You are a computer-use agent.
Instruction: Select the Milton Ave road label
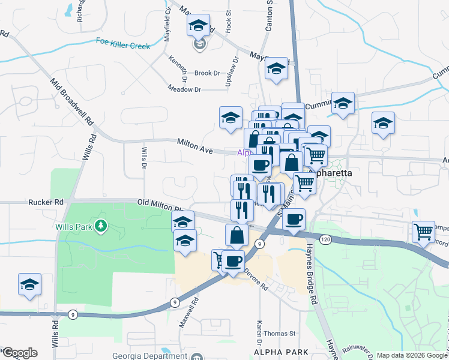coord(195,146)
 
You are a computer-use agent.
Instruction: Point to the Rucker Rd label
coord(46,203)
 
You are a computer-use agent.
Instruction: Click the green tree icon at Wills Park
coord(102,226)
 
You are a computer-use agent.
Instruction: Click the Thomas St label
coord(280,333)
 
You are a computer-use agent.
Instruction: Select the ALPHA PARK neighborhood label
coord(281,352)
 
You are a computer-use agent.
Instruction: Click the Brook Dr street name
coord(207,73)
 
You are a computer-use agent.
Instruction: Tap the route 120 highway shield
coord(325,239)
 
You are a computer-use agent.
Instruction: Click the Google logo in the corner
coord(19,353)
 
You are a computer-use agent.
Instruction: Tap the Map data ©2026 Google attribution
coord(412,355)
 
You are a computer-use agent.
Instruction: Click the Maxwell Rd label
coord(188,314)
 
